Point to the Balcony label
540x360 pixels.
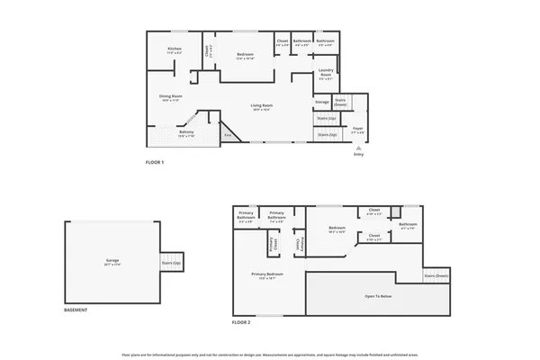(x=186, y=133)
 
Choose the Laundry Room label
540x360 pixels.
(x=326, y=76)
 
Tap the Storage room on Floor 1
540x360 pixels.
(x=322, y=102)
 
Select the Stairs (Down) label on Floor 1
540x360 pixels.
(x=341, y=101)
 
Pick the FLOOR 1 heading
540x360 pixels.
(x=156, y=162)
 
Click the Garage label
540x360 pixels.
(x=112, y=261)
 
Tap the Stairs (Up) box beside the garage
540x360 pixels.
(x=171, y=263)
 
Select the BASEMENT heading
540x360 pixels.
(x=76, y=310)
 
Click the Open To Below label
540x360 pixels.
(x=377, y=295)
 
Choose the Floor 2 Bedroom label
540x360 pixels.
(x=337, y=229)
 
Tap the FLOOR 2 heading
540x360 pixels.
(x=240, y=321)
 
